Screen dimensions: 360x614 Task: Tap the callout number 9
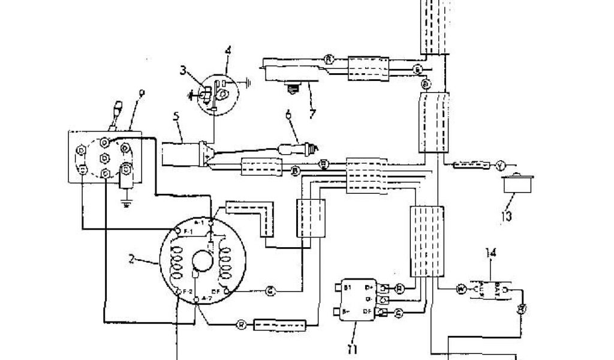(x=142, y=92)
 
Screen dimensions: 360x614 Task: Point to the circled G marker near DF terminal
(x=271, y=292)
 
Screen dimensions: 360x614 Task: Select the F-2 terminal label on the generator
(x=186, y=291)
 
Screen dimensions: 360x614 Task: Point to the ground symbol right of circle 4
(x=247, y=79)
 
